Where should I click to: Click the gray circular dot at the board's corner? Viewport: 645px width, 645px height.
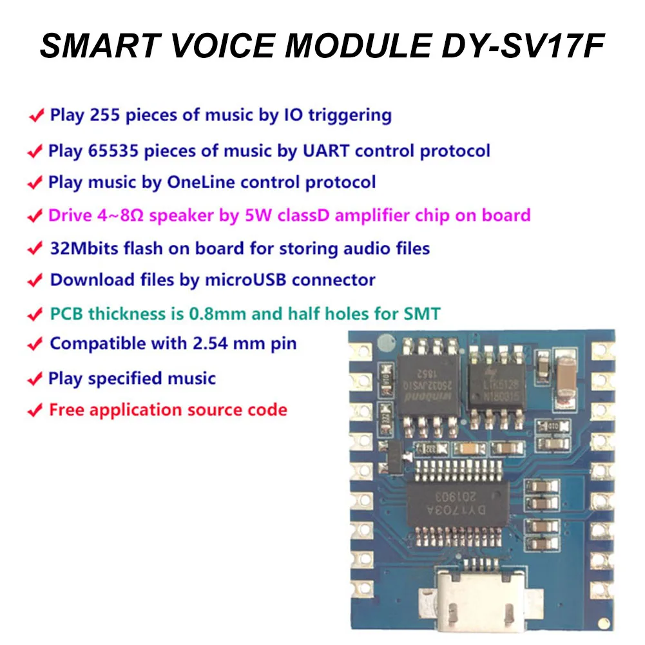coord(385,342)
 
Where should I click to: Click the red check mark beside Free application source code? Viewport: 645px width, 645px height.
coord(34,411)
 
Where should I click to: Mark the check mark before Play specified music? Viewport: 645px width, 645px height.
coord(34,380)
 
